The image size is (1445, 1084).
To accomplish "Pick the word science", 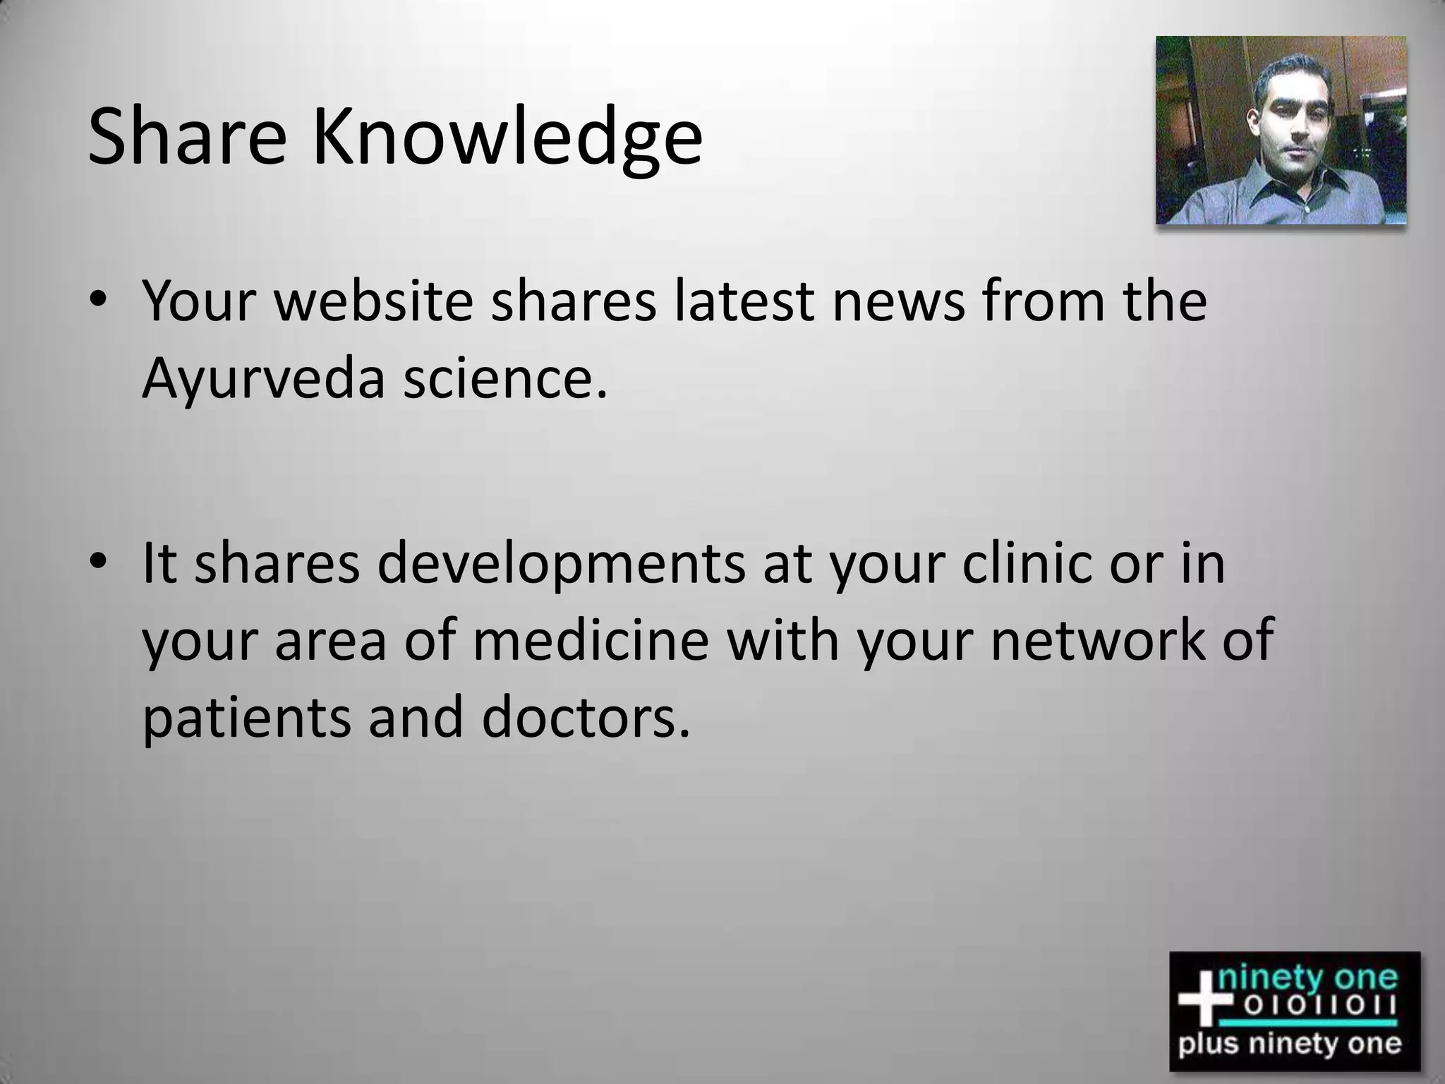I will click(x=504, y=378).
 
